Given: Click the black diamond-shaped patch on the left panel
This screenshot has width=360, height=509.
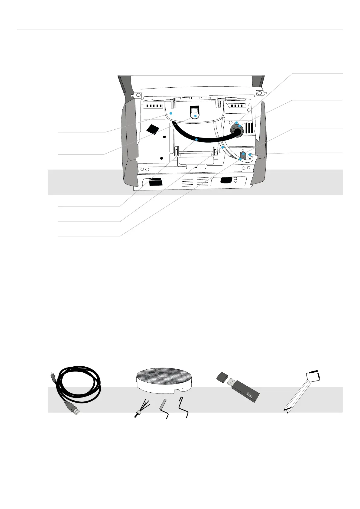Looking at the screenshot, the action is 153,129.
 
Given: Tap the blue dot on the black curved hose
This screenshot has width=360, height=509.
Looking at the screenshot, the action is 196,140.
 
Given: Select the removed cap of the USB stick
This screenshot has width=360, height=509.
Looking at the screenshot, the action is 222,376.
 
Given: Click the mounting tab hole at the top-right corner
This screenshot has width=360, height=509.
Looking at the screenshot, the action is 259,92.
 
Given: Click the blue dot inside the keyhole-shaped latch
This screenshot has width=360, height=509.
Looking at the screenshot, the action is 195,116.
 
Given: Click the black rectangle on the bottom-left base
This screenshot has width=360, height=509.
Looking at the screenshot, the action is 155,182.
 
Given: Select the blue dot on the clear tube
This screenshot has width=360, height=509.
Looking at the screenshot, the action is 222,148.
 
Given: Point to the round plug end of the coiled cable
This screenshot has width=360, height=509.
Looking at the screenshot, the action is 52,377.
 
